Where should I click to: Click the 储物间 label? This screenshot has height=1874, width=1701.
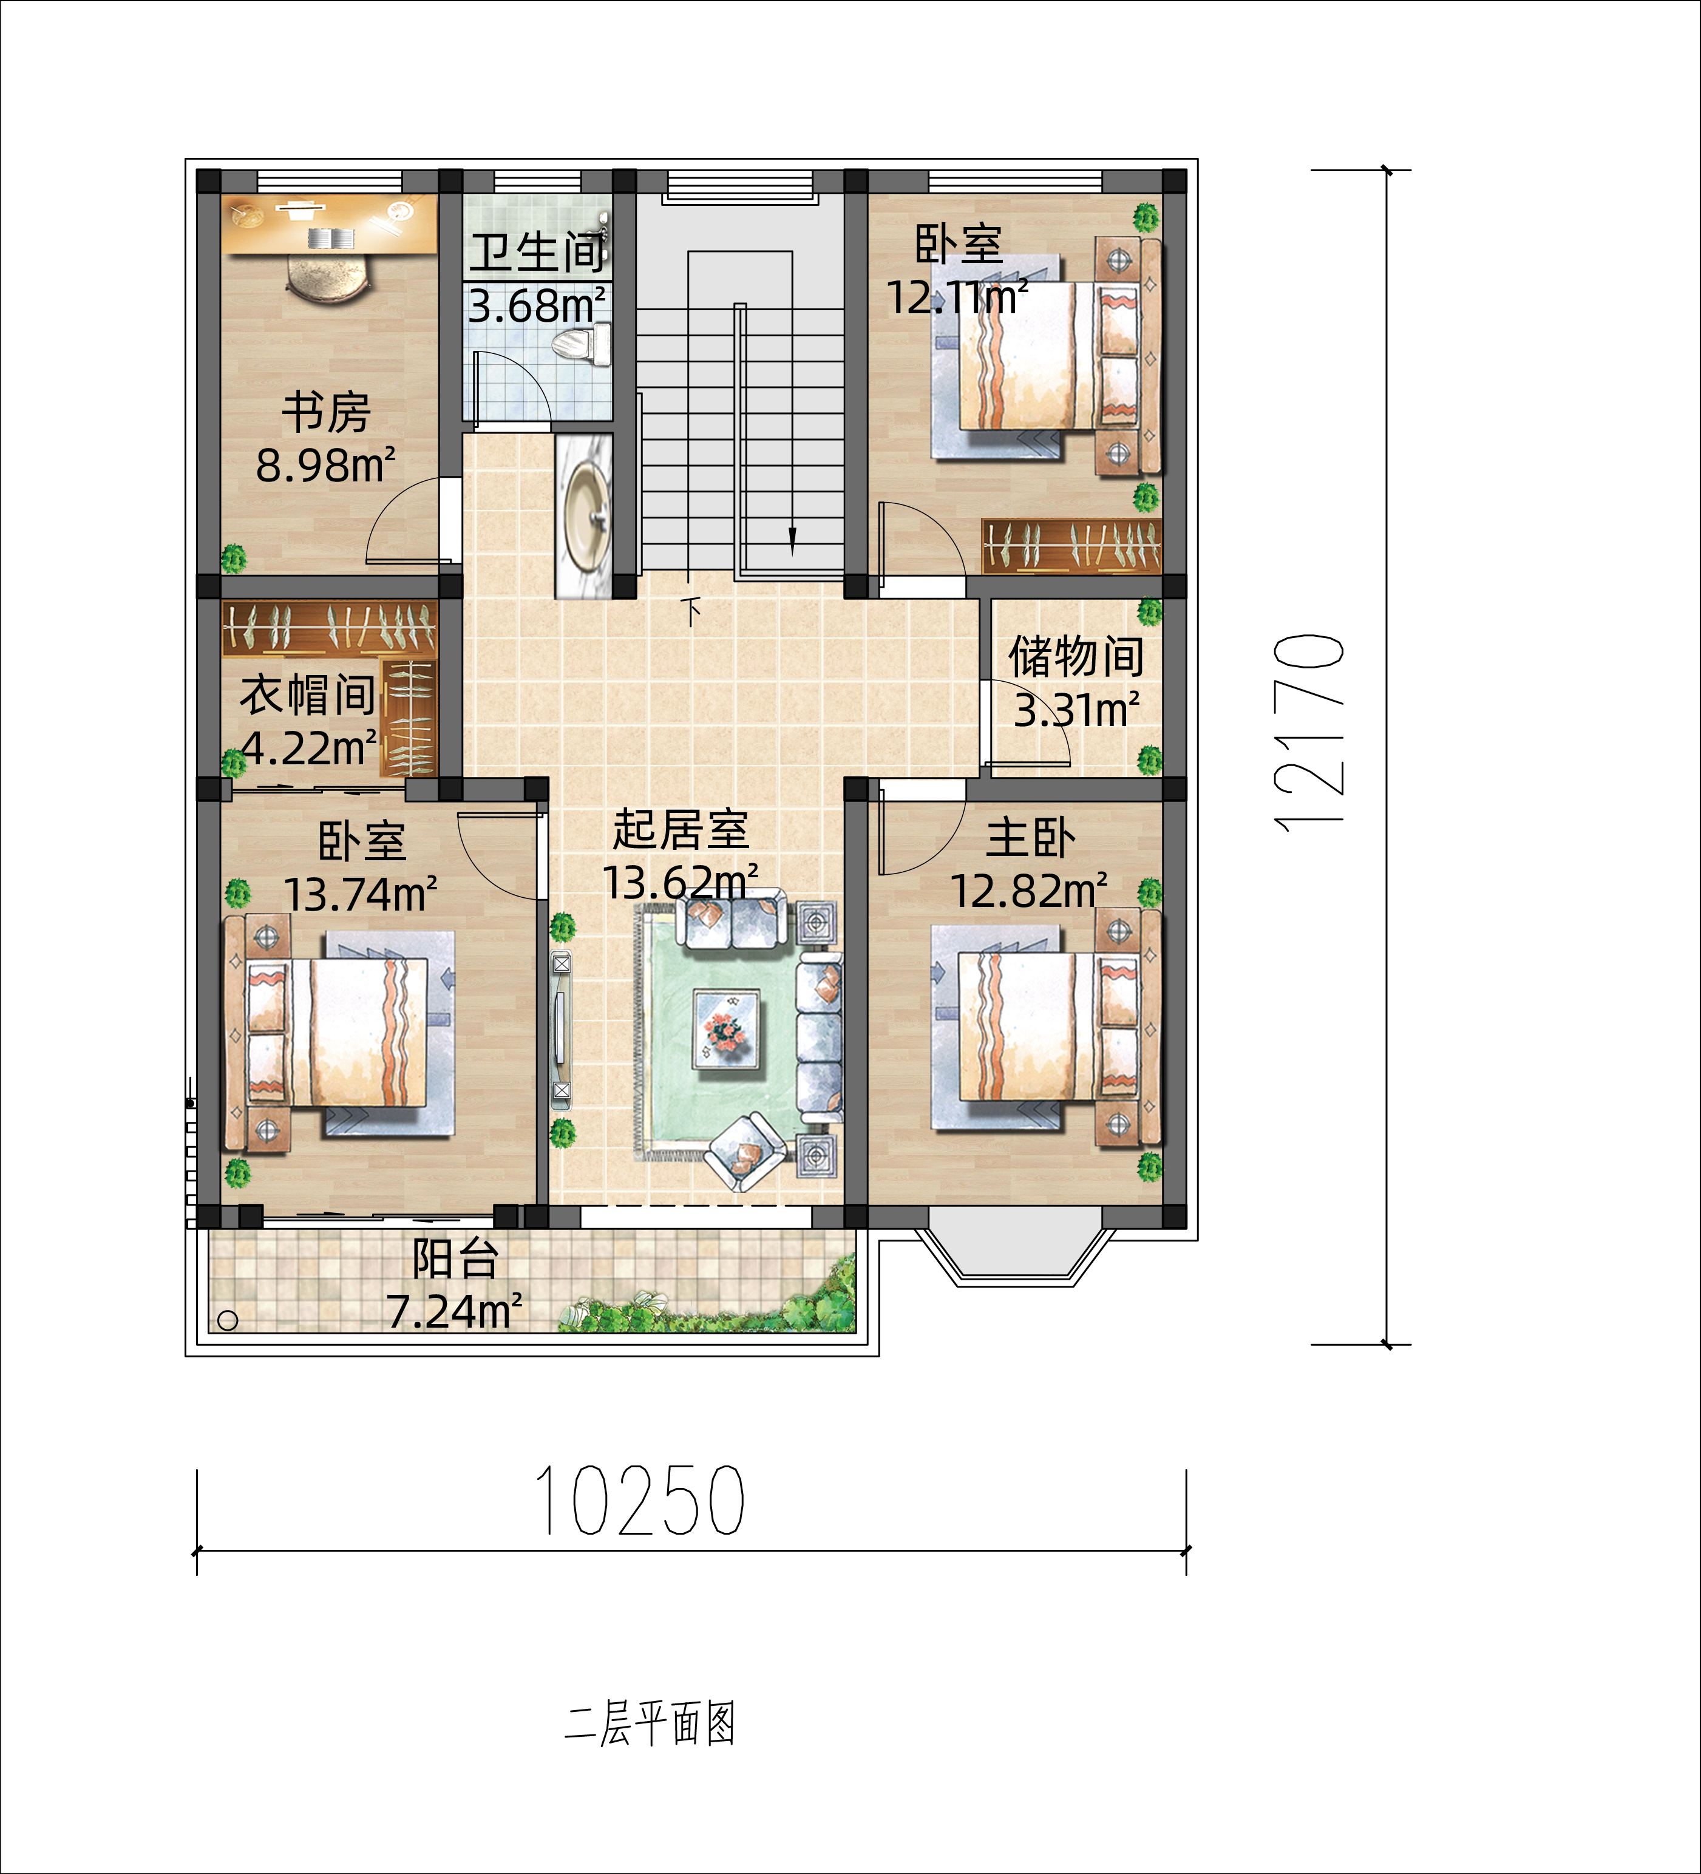coord(1076,656)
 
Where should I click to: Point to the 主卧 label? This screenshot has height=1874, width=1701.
coord(1030,838)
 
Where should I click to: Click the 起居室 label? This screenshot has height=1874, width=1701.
coord(681,829)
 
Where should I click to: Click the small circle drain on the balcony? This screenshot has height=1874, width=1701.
coord(228,1320)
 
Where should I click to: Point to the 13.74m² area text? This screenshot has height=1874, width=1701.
coord(361,894)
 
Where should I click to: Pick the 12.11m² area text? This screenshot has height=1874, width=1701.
coord(957,297)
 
